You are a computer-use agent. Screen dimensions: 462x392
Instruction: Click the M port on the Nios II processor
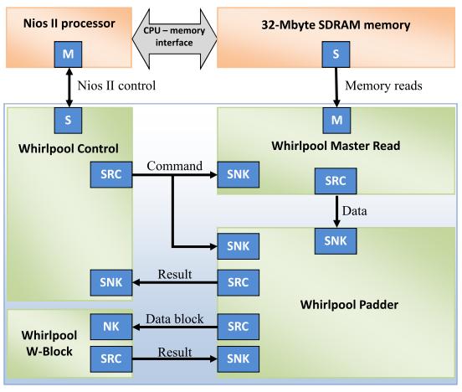click(x=68, y=54)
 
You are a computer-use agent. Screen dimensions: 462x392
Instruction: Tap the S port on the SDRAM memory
click(x=336, y=54)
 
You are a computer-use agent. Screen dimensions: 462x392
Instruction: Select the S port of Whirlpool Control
click(x=68, y=121)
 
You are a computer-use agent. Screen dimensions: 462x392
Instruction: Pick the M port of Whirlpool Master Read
click(x=336, y=121)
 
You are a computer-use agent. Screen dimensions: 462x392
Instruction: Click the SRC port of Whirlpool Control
click(x=111, y=174)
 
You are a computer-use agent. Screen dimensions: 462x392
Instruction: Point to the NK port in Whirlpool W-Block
click(x=111, y=327)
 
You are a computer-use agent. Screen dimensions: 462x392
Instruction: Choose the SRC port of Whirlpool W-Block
click(x=111, y=359)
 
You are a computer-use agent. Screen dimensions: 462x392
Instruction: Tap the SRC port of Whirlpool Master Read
click(x=336, y=181)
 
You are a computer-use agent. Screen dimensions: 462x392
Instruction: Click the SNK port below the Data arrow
click(x=336, y=241)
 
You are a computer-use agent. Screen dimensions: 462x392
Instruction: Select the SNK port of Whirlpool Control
click(x=111, y=282)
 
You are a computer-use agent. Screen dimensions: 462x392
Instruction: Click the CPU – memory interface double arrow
click(x=174, y=39)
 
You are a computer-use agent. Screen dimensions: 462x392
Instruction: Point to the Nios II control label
click(x=116, y=85)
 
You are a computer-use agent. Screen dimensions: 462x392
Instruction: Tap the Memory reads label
click(x=383, y=85)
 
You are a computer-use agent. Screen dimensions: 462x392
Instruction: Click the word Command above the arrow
click(x=174, y=166)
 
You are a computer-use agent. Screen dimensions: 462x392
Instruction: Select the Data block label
click(x=174, y=319)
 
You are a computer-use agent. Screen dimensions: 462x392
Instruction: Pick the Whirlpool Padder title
click(x=349, y=304)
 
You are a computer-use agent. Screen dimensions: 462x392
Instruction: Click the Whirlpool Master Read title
click(x=336, y=146)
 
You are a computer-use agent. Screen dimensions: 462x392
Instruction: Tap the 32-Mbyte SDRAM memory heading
click(x=336, y=25)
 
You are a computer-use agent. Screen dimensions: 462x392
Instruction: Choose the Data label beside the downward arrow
click(x=355, y=211)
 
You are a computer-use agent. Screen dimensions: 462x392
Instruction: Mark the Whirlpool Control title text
click(x=69, y=148)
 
